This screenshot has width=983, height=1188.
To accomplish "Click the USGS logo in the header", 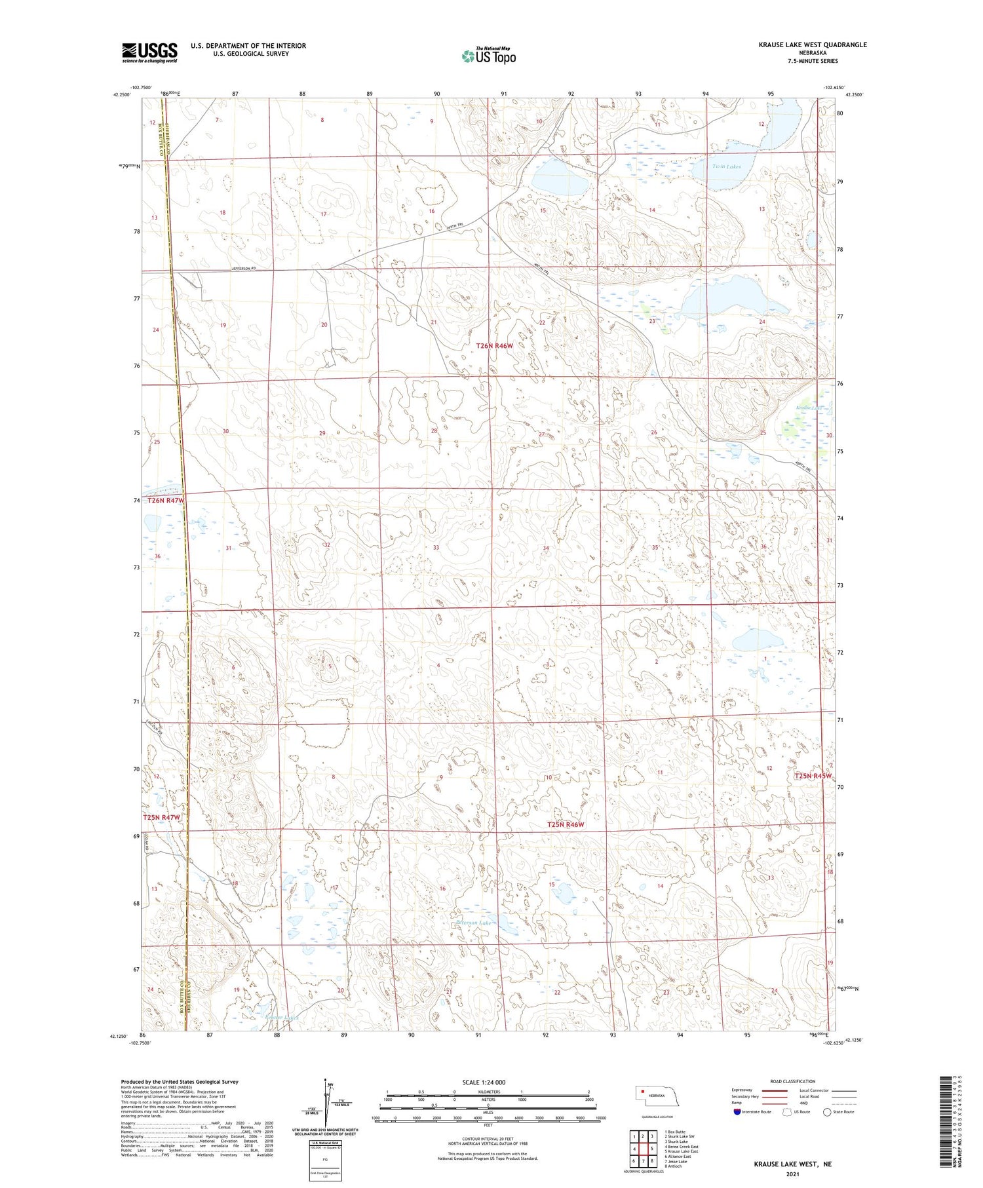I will (149, 52).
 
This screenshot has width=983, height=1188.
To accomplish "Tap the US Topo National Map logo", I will (488, 56).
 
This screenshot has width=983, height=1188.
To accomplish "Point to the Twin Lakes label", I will (727, 167).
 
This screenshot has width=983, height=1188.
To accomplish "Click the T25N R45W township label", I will (813, 776).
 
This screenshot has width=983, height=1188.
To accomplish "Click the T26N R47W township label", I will (166, 501).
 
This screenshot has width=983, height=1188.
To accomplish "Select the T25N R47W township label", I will (161, 818).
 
